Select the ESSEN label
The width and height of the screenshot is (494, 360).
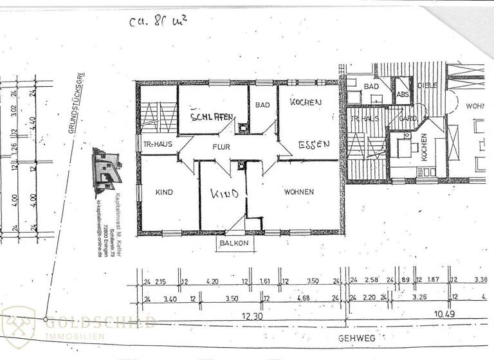pos(314,145)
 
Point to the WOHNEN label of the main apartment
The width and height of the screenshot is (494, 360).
pos(298,192)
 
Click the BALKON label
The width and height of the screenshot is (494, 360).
pos(232,244)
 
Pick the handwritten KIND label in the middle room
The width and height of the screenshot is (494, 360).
pos(225,194)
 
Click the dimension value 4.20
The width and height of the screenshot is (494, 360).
pos(213,282)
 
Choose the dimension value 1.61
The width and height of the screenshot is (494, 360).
pos(264,282)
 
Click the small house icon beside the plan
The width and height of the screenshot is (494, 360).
pos(106,171)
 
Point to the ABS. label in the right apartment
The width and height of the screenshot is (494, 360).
pos(403,94)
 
